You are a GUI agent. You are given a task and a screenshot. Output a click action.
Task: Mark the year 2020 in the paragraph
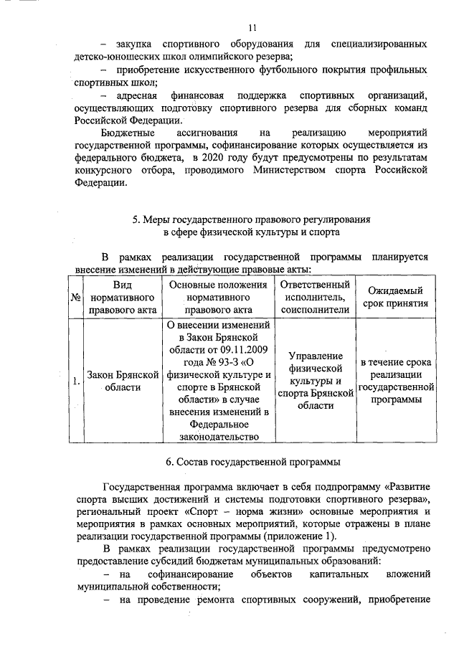click(x=215, y=158)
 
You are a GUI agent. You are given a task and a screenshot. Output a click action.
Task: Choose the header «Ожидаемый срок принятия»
click(x=394, y=297)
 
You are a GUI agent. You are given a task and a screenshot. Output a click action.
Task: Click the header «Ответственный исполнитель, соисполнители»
click(x=316, y=297)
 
